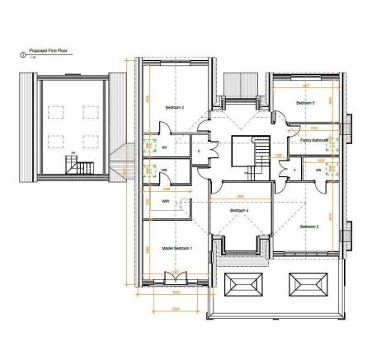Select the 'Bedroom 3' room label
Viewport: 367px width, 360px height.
tap(174, 107)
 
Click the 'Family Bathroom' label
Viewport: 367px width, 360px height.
tap(314, 140)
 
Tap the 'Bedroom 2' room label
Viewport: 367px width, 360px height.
tap(308, 226)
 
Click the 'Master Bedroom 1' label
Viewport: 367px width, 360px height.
tap(176, 247)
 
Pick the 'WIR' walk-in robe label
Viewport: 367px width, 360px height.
tap(165, 199)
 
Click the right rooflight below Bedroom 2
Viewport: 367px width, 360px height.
tap(307, 285)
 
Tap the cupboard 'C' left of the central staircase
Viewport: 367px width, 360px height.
tap(199, 152)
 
